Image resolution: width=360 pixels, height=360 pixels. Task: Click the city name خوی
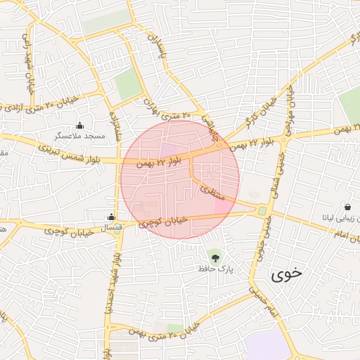286,274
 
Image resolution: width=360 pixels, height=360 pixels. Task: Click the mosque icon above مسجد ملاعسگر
79,125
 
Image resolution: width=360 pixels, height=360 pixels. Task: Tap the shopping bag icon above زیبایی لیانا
348,207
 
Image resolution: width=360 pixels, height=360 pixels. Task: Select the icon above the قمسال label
111,217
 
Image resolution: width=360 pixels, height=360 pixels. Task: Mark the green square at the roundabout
262,210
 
